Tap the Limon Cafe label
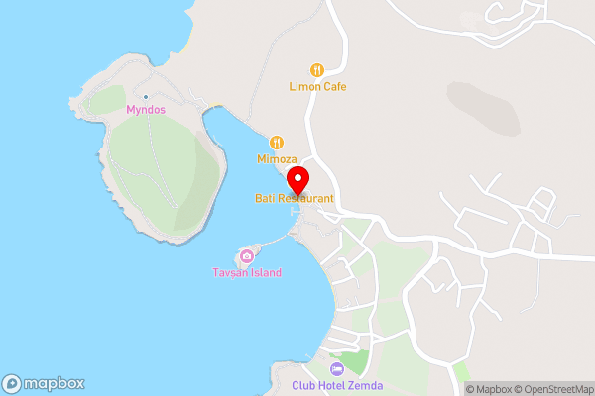(x=317, y=87)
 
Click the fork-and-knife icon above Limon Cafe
(x=317, y=70)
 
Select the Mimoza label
(x=277, y=158)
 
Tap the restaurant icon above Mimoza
(x=277, y=143)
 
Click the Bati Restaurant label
(x=294, y=199)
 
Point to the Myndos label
(x=146, y=110)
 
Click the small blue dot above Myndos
(x=146, y=96)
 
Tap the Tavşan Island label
(x=247, y=273)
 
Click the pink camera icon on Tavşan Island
(x=246, y=256)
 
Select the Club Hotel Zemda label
(x=336, y=385)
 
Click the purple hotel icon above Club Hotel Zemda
(x=336, y=369)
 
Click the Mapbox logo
(x=43, y=384)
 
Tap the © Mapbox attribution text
(x=491, y=389)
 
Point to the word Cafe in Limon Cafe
(x=333, y=87)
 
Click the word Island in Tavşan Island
(x=265, y=273)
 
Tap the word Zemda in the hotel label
(x=364, y=385)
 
